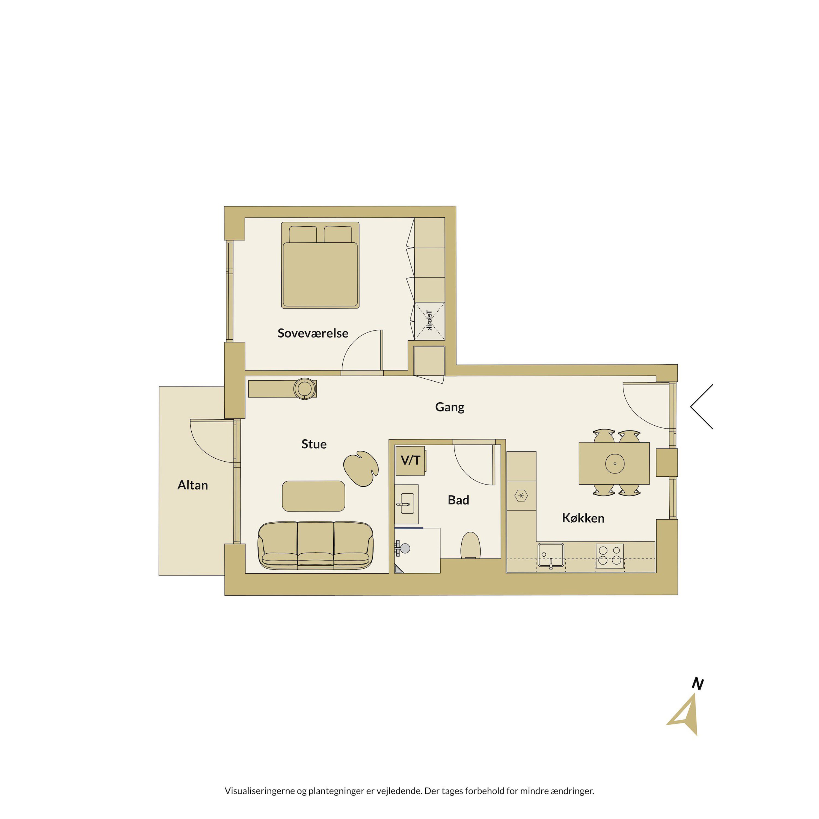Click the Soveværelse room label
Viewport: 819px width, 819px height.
click(x=313, y=333)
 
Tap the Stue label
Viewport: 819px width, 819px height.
click(x=314, y=444)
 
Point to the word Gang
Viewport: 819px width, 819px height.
click(x=450, y=407)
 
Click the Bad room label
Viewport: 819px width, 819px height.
click(x=458, y=500)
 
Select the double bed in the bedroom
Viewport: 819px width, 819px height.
click(x=320, y=265)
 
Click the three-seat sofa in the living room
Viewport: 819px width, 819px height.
click(x=315, y=545)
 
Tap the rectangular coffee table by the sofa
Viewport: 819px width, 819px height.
click(x=313, y=496)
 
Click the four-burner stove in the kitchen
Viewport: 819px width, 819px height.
click(x=610, y=556)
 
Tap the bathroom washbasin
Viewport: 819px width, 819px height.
click(x=406, y=504)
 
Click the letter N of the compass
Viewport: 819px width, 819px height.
click(x=697, y=684)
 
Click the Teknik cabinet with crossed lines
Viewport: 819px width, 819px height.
click(x=429, y=321)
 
